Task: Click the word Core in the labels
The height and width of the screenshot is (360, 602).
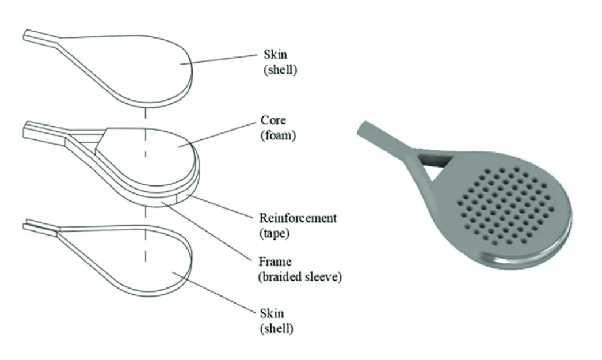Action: tap(273, 121)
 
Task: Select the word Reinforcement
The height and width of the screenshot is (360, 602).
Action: tap(298, 218)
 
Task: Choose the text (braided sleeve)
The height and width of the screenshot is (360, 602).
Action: tap(299, 276)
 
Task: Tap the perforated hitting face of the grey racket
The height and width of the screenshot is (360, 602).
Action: tap(506, 207)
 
